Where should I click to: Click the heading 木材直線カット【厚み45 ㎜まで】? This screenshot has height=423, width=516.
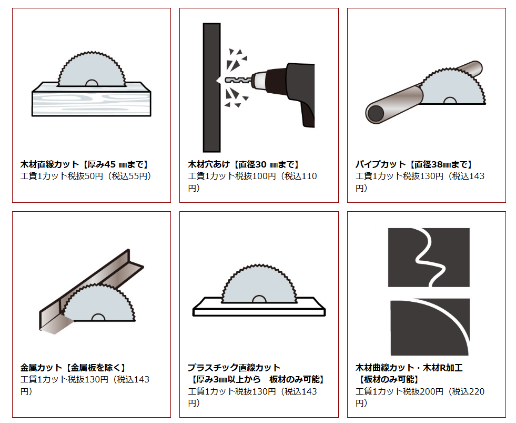85,164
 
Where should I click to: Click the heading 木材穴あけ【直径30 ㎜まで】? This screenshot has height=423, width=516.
245,164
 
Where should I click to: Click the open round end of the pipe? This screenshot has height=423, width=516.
376,113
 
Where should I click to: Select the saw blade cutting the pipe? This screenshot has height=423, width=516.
451,88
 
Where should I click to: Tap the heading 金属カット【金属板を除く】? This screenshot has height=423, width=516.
73,368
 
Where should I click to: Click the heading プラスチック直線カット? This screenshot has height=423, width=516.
234,368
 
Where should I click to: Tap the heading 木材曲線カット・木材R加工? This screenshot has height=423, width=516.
409,368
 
